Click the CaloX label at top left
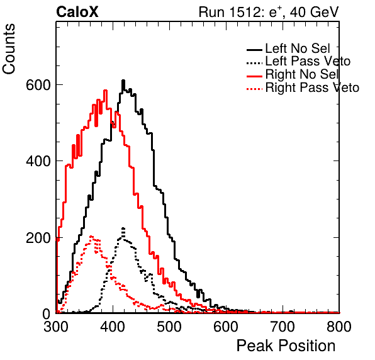[x=77, y=12]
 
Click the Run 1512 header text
[x=269, y=12]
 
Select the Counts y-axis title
[x=9, y=49]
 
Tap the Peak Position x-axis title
[x=286, y=346]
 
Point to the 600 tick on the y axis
[x=38, y=85]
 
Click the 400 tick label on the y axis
[x=38, y=161]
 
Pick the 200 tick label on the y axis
[x=38, y=238]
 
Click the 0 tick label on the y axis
[x=47, y=314]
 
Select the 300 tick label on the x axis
[x=56, y=327]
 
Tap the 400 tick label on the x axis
[x=113, y=327]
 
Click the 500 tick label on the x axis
[x=169, y=327]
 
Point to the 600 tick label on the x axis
[x=226, y=327]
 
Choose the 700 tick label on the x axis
[x=283, y=327]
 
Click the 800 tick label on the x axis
[x=339, y=327]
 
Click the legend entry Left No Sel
[x=288, y=49]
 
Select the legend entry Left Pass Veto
[x=298, y=62]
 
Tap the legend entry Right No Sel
[x=293, y=74]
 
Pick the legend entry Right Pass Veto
[x=303, y=87]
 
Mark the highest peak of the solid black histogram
[x=123, y=81]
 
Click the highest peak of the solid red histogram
[x=105, y=91]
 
